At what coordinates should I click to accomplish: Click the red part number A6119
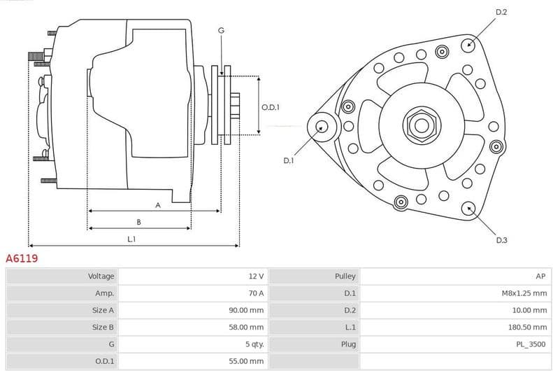[x=22, y=258]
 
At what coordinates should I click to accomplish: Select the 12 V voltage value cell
[x=255, y=276]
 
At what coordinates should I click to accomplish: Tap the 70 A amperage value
[x=255, y=293]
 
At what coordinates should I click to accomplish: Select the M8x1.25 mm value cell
[x=524, y=293]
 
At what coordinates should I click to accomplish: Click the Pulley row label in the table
[x=345, y=276]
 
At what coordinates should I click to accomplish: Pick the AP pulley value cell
[x=540, y=276]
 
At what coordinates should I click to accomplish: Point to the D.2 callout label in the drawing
[x=501, y=13]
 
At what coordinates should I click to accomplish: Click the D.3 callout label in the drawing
[x=501, y=240]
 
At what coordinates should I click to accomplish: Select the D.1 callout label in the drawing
[x=289, y=160]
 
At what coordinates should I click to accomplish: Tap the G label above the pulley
[x=221, y=30]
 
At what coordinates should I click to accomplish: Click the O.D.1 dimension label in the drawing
[x=271, y=107]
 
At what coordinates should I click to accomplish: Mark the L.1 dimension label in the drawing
[x=131, y=239]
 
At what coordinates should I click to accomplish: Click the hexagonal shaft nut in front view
[x=421, y=125]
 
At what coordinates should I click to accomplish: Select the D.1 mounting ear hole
[x=322, y=127]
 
